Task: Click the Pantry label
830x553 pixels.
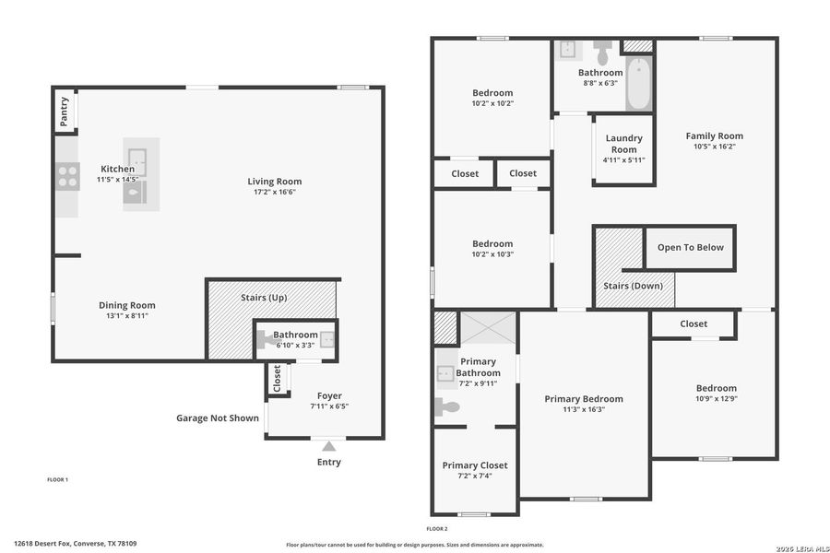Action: click(x=65, y=112)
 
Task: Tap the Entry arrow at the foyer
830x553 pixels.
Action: click(x=329, y=447)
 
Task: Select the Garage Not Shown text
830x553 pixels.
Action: click(x=218, y=418)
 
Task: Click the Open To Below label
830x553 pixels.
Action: click(x=690, y=247)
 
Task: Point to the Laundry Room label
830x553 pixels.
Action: click(x=623, y=144)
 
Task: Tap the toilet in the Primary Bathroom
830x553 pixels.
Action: click(x=447, y=406)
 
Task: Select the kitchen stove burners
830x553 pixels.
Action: click(x=67, y=176)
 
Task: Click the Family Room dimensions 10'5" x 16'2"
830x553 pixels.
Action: click(x=714, y=147)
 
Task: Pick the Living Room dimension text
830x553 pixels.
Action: click(x=274, y=192)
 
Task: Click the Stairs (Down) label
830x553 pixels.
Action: click(x=633, y=286)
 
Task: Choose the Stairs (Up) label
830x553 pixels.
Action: click(x=266, y=298)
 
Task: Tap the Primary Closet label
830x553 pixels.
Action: click(x=474, y=465)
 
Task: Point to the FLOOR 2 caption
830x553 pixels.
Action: click(x=436, y=528)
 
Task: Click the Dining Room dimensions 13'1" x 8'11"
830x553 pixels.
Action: click(x=127, y=315)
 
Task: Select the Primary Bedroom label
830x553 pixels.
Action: click(x=583, y=399)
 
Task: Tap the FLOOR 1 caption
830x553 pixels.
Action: click(x=57, y=479)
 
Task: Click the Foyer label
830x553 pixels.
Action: click(x=329, y=395)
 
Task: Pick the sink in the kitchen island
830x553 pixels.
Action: click(x=136, y=157)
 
